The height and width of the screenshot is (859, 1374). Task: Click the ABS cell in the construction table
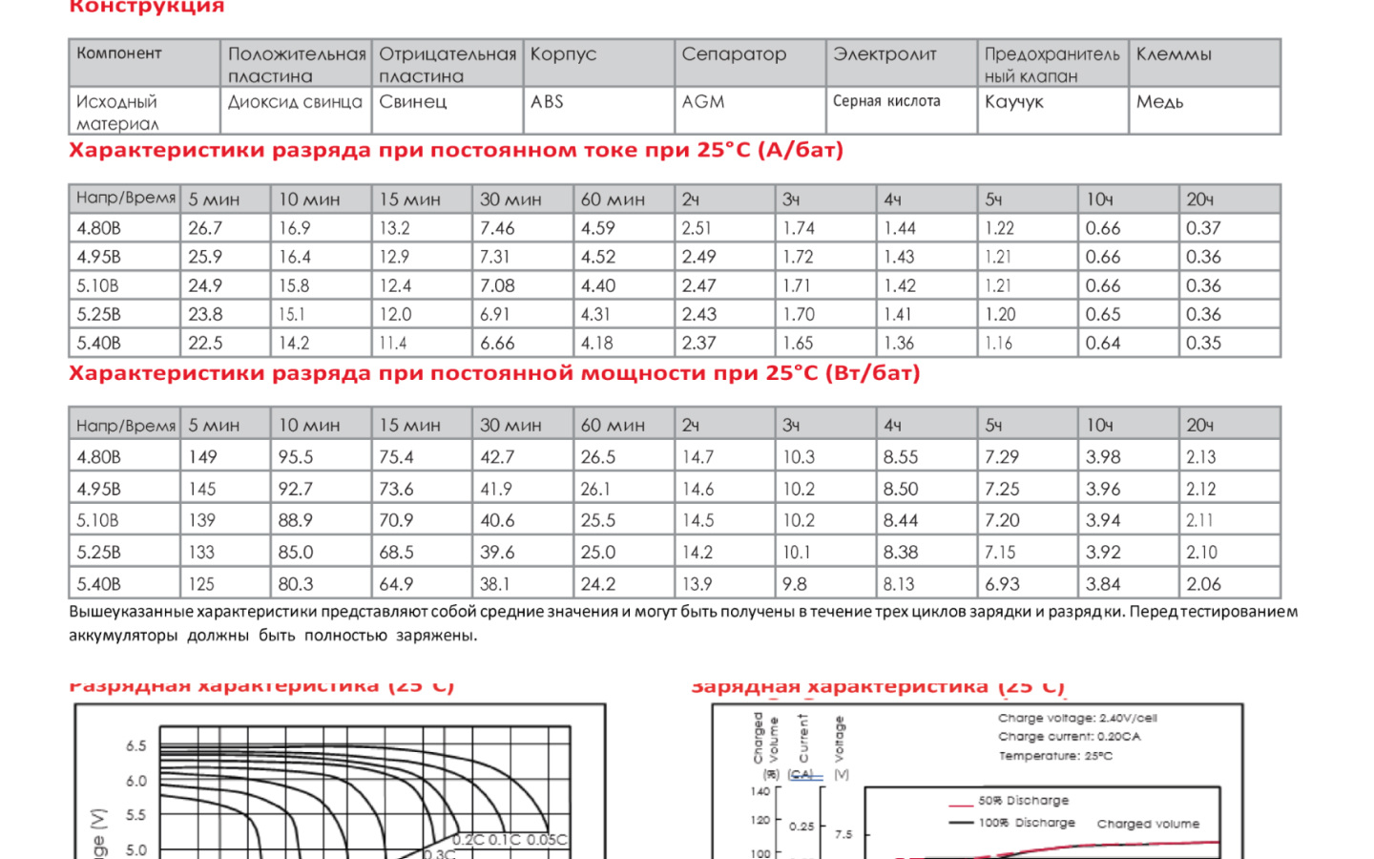click(x=547, y=102)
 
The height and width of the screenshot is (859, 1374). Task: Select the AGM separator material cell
click(x=703, y=102)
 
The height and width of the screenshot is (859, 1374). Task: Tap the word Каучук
click(x=1014, y=102)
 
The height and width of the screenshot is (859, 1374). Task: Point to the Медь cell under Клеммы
click(x=1159, y=102)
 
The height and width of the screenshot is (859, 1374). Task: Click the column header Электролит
click(x=885, y=54)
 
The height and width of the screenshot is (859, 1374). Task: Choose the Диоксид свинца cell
click(x=295, y=102)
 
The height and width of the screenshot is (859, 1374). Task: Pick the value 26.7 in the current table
click(x=205, y=228)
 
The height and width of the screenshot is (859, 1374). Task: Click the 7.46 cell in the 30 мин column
click(x=497, y=228)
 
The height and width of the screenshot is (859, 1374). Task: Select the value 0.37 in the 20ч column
click(x=1203, y=228)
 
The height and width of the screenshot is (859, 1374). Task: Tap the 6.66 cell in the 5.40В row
click(x=497, y=343)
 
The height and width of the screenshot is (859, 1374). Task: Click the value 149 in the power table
click(x=202, y=457)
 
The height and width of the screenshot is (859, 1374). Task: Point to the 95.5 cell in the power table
click(x=296, y=457)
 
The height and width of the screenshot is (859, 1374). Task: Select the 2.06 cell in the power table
click(x=1203, y=584)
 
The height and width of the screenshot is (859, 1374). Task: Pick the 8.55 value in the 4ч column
click(x=901, y=457)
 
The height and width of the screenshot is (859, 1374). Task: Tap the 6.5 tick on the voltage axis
click(x=136, y=746)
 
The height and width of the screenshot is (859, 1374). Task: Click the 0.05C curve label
click(x=547, y=840)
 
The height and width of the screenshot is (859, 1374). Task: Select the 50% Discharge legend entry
click(x=1023, y=801)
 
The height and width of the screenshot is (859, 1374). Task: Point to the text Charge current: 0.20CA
click(x=1069, y=737)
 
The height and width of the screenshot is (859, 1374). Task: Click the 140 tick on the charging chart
click(x=760, y=791)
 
